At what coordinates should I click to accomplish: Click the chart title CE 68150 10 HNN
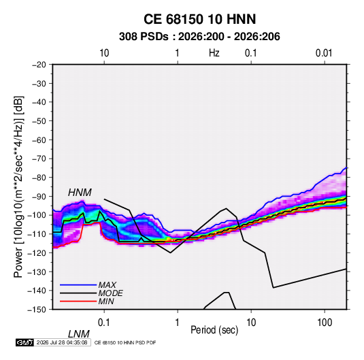pyautogui.click(x=199, y=19)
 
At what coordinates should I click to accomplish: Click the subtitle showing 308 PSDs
pyautogui.click(x=199, y=37)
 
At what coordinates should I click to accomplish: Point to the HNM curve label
pyautogui.click(x=80, y=193)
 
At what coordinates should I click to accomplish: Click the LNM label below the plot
pyautogui.click(x=79, y=334)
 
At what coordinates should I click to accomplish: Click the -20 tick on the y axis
pyautogui.click(x=39, y=65)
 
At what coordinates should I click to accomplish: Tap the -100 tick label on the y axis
pyautogui.click(x=37, y=215)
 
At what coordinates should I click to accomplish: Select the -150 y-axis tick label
pyautogui.click(x=37, y=310)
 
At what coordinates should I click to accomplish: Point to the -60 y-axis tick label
pyautogui.click(x=39, y=140)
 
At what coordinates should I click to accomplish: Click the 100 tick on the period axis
pyautogui.click(x=325, y=323)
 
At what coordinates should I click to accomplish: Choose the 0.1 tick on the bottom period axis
pyautogui.click(x=104, y=323)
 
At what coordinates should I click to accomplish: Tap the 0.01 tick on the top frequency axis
pyautogui.click(x=324, y=53)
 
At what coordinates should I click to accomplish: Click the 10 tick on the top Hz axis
pyautogui.click(x=104, y=53)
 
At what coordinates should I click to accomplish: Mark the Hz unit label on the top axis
pyautogui.click(x=214, y=53)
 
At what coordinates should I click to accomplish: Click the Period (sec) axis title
pyautogui.click(x=214, y=330)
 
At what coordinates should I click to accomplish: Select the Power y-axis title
pyautogui.click(x=18, y=187)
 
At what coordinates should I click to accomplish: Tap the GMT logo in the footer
pyautogui.click(x=24, y=342)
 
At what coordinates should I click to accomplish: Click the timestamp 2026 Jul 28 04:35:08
pyautogui.click(x=62, y=342)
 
